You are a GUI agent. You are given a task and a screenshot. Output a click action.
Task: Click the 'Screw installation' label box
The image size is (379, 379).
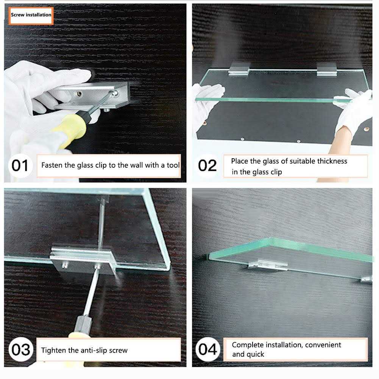coord(31,16)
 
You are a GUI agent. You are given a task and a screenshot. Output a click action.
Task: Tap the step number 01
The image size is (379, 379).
coord(20,165)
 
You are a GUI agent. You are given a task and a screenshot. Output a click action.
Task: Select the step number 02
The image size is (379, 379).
coord(207,165)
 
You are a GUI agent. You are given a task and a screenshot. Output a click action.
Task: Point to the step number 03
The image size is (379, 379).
coord(21,349)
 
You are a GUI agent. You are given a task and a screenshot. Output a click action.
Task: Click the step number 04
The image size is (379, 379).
coord(207,349)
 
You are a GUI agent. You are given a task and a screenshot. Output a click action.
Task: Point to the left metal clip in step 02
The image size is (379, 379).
coord(239,69)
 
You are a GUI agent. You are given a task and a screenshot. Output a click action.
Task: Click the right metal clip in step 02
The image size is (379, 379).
coord(326,69)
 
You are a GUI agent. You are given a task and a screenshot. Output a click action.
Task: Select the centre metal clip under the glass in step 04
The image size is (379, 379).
coord(268,265)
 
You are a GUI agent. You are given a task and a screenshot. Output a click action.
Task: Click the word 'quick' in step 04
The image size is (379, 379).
coord(255,354)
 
